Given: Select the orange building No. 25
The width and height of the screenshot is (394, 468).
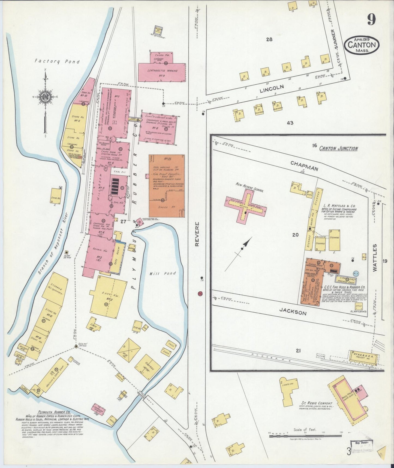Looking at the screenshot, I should (167, 186).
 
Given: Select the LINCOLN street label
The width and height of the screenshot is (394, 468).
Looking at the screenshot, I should (272, 88).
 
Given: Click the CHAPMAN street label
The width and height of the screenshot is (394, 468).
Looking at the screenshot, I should (304, 165).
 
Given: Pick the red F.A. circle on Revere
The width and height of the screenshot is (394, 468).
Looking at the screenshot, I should (200, 294).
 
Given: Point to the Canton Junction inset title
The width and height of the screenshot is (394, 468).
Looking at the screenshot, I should (338, 149).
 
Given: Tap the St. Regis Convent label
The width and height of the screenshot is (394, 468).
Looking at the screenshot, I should (317, 403).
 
